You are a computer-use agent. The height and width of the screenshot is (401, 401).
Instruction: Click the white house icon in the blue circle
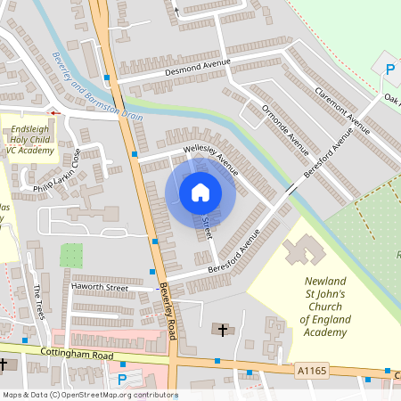click(200, 192)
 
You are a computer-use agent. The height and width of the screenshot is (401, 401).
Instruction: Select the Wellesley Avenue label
click(211, 155)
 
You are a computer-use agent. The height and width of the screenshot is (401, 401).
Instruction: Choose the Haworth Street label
click(100, 287)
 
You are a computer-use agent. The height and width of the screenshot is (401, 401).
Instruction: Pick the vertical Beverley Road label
click(167, 307)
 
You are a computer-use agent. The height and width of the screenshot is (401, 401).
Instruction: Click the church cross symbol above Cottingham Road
click(223, 331)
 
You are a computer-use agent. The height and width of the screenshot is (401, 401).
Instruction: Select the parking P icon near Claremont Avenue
click(389, 69)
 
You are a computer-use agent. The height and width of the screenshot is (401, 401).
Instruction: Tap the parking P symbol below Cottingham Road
click(123, 379)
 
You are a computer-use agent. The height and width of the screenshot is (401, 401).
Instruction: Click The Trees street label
click(39, 303)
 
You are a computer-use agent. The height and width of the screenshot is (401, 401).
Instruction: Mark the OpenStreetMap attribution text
click(89, 395)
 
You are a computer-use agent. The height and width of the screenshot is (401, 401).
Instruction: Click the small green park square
click(71, 256)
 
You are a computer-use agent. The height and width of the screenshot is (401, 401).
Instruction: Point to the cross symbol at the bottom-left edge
click(4, 364)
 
